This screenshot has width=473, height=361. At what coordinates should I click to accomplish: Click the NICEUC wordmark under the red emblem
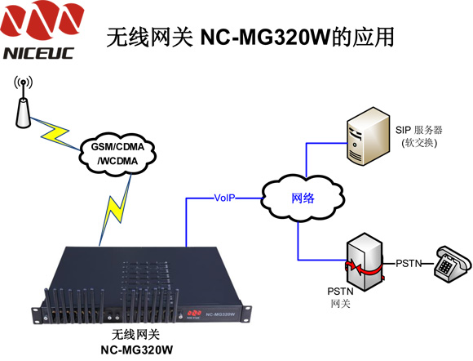(x=39, y=53)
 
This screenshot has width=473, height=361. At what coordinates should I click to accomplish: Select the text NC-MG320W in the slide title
(x=266, y=37)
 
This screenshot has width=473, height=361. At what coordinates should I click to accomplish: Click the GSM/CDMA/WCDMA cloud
(x=117, y=154)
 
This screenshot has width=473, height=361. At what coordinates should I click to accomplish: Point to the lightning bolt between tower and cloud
(x=55, y=134)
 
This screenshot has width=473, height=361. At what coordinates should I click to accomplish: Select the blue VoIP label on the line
(x=224, y=198)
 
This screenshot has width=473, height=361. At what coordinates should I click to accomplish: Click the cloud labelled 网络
(x=303, y=198)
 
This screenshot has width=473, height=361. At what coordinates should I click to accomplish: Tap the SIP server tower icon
(x=368, y=136)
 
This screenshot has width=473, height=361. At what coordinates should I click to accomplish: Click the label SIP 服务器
(x=418, y=130)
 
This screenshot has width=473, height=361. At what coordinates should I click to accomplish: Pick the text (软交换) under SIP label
(x=419, y=143)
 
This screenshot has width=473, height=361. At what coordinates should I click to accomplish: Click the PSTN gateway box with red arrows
(x=365, y=262)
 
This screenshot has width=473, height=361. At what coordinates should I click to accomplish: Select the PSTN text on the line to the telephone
(x=409, y=264)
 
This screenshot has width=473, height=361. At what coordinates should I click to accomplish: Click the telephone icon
(x=453, y=264)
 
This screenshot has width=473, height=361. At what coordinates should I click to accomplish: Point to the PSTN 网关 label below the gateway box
(x=340, y=297)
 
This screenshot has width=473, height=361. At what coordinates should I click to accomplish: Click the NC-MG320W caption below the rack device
(x=137, y=350)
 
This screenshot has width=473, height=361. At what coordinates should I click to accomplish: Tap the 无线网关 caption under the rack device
(x=135, y=334)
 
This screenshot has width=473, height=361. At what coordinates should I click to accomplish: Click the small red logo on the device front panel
(x=194, y=314)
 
